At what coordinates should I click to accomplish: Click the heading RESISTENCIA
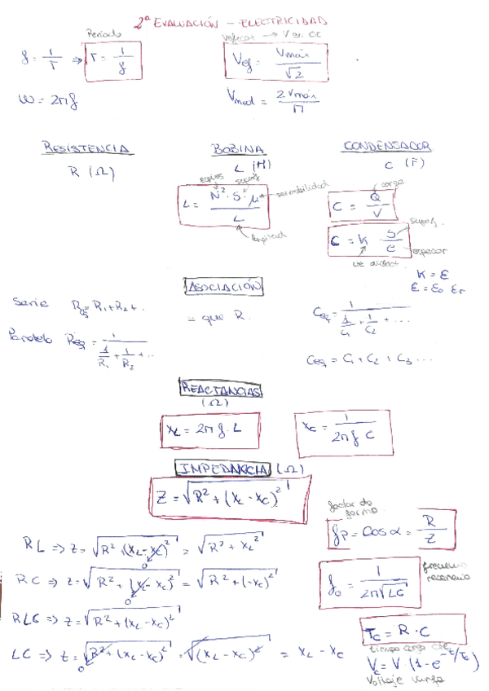(87, 148)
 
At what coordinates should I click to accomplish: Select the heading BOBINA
(239, 150)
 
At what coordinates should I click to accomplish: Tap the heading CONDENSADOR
(388, 147)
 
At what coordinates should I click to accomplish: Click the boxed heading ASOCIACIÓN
(225, 287)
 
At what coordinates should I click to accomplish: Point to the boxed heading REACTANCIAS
(220, 391)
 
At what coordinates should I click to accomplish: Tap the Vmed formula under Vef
(274, 99)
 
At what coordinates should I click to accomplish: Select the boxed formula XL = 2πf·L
(209, 429)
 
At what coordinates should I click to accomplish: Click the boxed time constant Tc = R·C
(412, 629)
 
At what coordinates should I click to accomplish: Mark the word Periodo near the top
(104, 33)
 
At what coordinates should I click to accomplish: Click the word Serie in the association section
(29, 302)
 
